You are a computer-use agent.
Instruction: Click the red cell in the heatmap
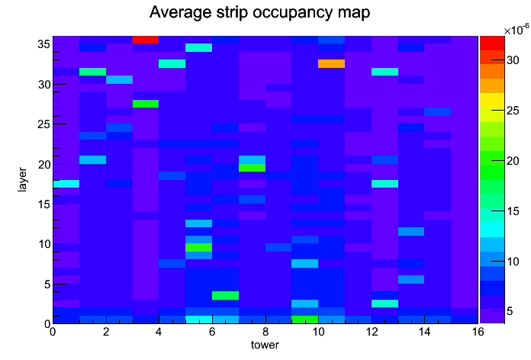click(x=146, y=40)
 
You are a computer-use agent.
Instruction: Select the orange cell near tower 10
click(x=332, y=63)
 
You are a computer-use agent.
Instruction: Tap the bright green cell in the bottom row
click(x=305, y=320)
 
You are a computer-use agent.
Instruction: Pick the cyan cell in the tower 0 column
click(x=66, y=184)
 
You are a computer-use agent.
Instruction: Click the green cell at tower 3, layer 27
click(x=146, y=104)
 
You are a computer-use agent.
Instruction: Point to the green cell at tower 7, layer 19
click(x=252, y=168)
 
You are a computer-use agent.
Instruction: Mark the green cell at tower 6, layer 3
click(x=226, y=295)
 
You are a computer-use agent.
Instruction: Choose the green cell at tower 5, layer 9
click(x=199, y=248)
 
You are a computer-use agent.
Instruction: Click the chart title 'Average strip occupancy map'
click(x=259, y=12)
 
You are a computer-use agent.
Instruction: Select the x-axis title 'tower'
click(x=265, y=345)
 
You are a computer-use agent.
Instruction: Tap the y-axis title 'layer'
click(x=22, y=179)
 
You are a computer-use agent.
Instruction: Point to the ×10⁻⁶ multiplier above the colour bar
click(x=517, y=30)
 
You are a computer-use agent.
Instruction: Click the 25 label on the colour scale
click(x=513, y=111)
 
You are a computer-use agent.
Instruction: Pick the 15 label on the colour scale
click(x=513, y=211)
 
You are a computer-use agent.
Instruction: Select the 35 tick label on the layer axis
click(x=44, y=44)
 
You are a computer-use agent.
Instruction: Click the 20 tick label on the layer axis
click(x=44, y=164)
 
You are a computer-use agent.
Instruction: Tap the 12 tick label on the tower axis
click(x=372, y=332)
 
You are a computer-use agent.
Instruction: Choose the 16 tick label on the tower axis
click(x=478, y=332)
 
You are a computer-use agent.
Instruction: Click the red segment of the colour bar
click(x=492, y=43)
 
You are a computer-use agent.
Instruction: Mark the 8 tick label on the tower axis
click(x=265, y=332)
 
